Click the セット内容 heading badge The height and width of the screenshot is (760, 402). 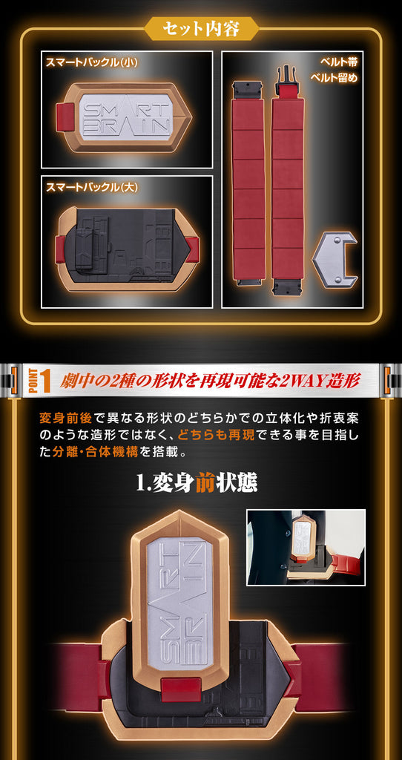point(201,30)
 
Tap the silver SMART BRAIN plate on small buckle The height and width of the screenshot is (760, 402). point(125,114)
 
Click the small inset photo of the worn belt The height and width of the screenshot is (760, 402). point(306,548)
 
